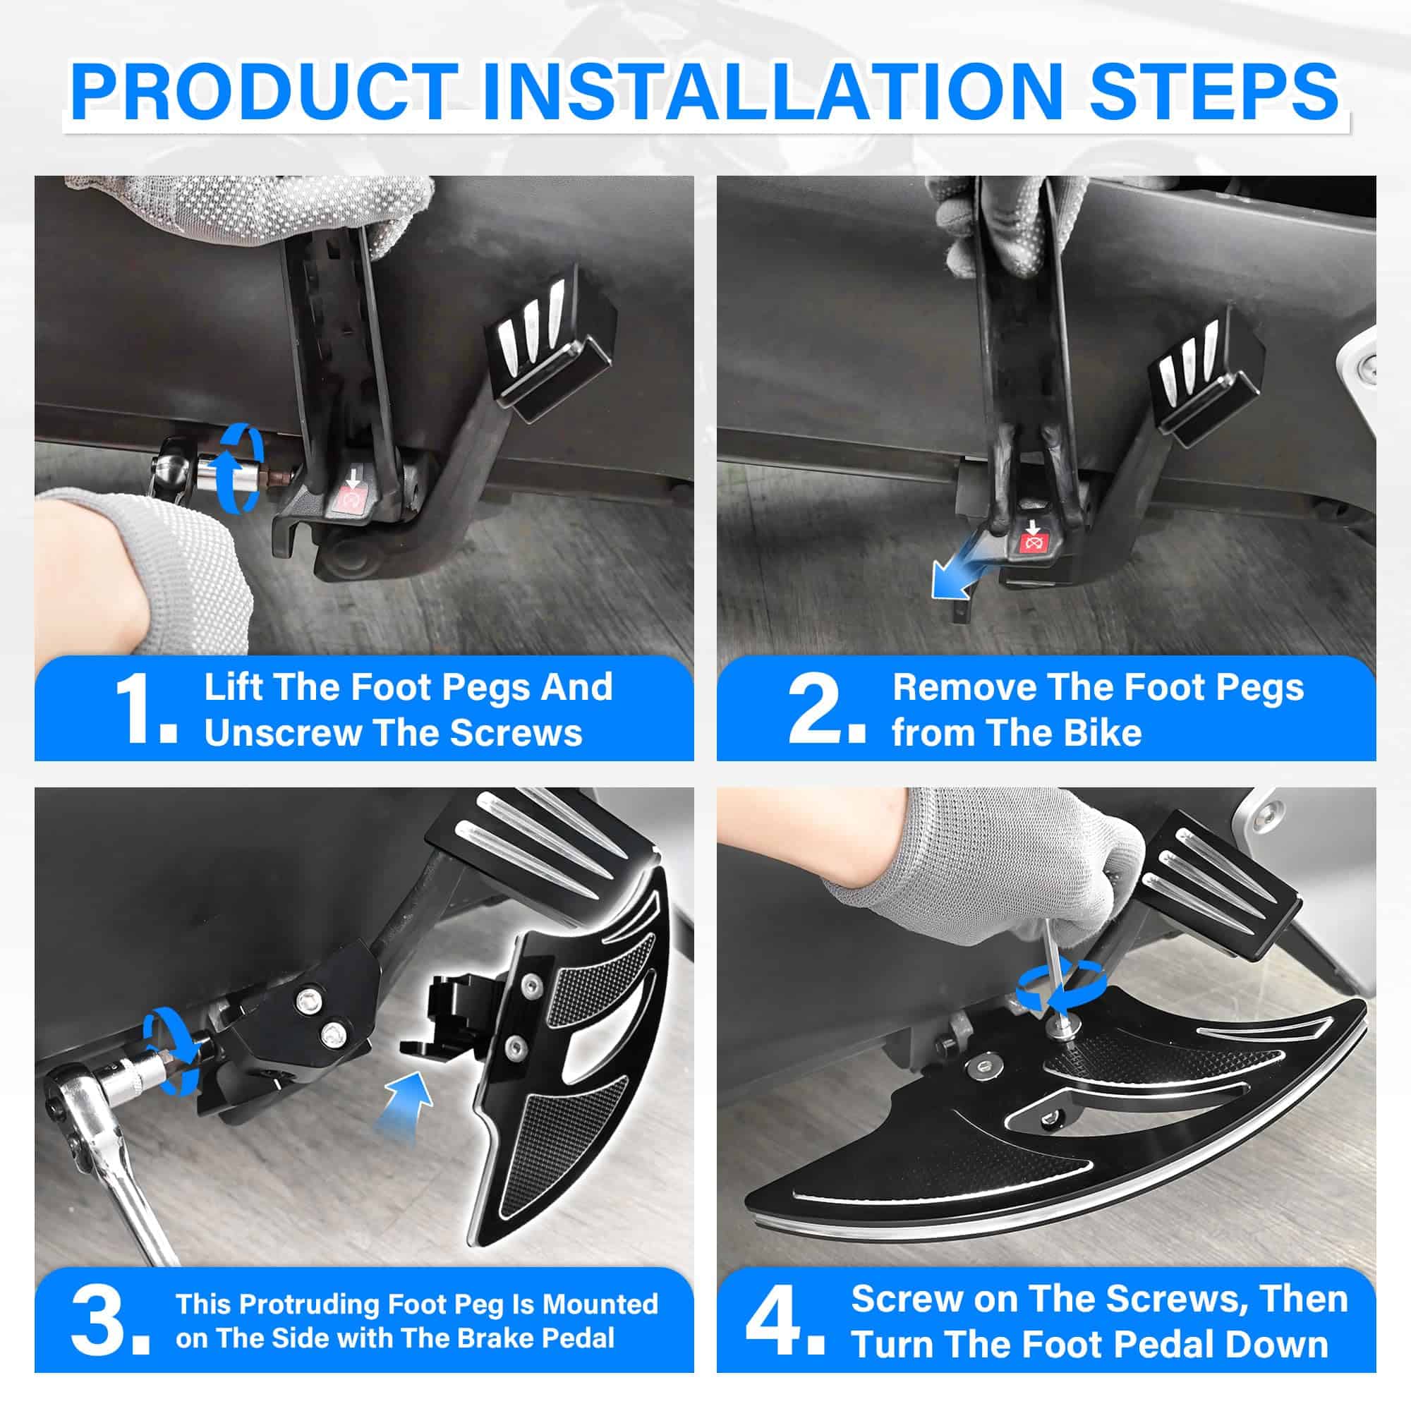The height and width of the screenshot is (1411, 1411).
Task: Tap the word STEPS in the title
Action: (x=1213, y=91)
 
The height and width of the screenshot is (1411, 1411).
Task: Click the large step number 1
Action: (x=145, y=709)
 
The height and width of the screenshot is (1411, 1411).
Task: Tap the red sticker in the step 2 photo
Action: (x=1032, y=540)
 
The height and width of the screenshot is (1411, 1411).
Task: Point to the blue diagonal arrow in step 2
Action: (x=958, y=573)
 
